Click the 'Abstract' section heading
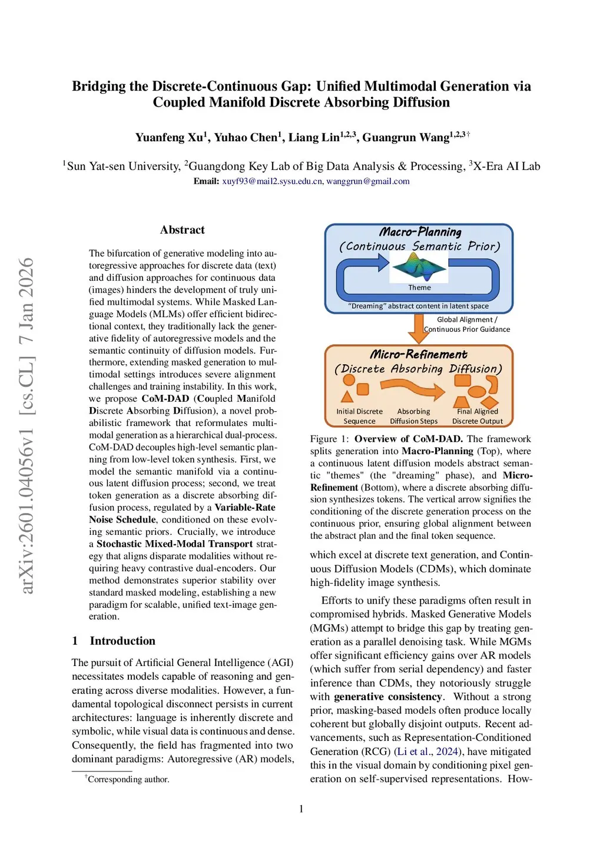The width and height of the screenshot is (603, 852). tap(182, 230)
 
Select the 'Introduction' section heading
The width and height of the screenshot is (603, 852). tap(122, 641)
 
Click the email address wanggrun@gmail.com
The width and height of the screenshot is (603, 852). tap(368, 181)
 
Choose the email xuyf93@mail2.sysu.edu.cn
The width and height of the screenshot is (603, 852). tap(272, 181)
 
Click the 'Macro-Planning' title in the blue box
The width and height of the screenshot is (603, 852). tap(420, 232)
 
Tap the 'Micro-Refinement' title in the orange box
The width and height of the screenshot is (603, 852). tap(418, 354)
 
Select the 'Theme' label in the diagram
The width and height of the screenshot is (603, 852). tap(420, 288)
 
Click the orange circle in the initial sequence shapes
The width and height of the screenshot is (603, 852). tap(349, 380)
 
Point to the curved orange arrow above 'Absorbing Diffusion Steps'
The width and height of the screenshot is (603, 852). tap(412, 389)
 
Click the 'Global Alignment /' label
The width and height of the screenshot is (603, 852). tap(467, 319)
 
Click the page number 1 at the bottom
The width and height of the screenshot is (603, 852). tap(301, 809)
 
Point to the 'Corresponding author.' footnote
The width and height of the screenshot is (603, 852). tap(128, 780)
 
